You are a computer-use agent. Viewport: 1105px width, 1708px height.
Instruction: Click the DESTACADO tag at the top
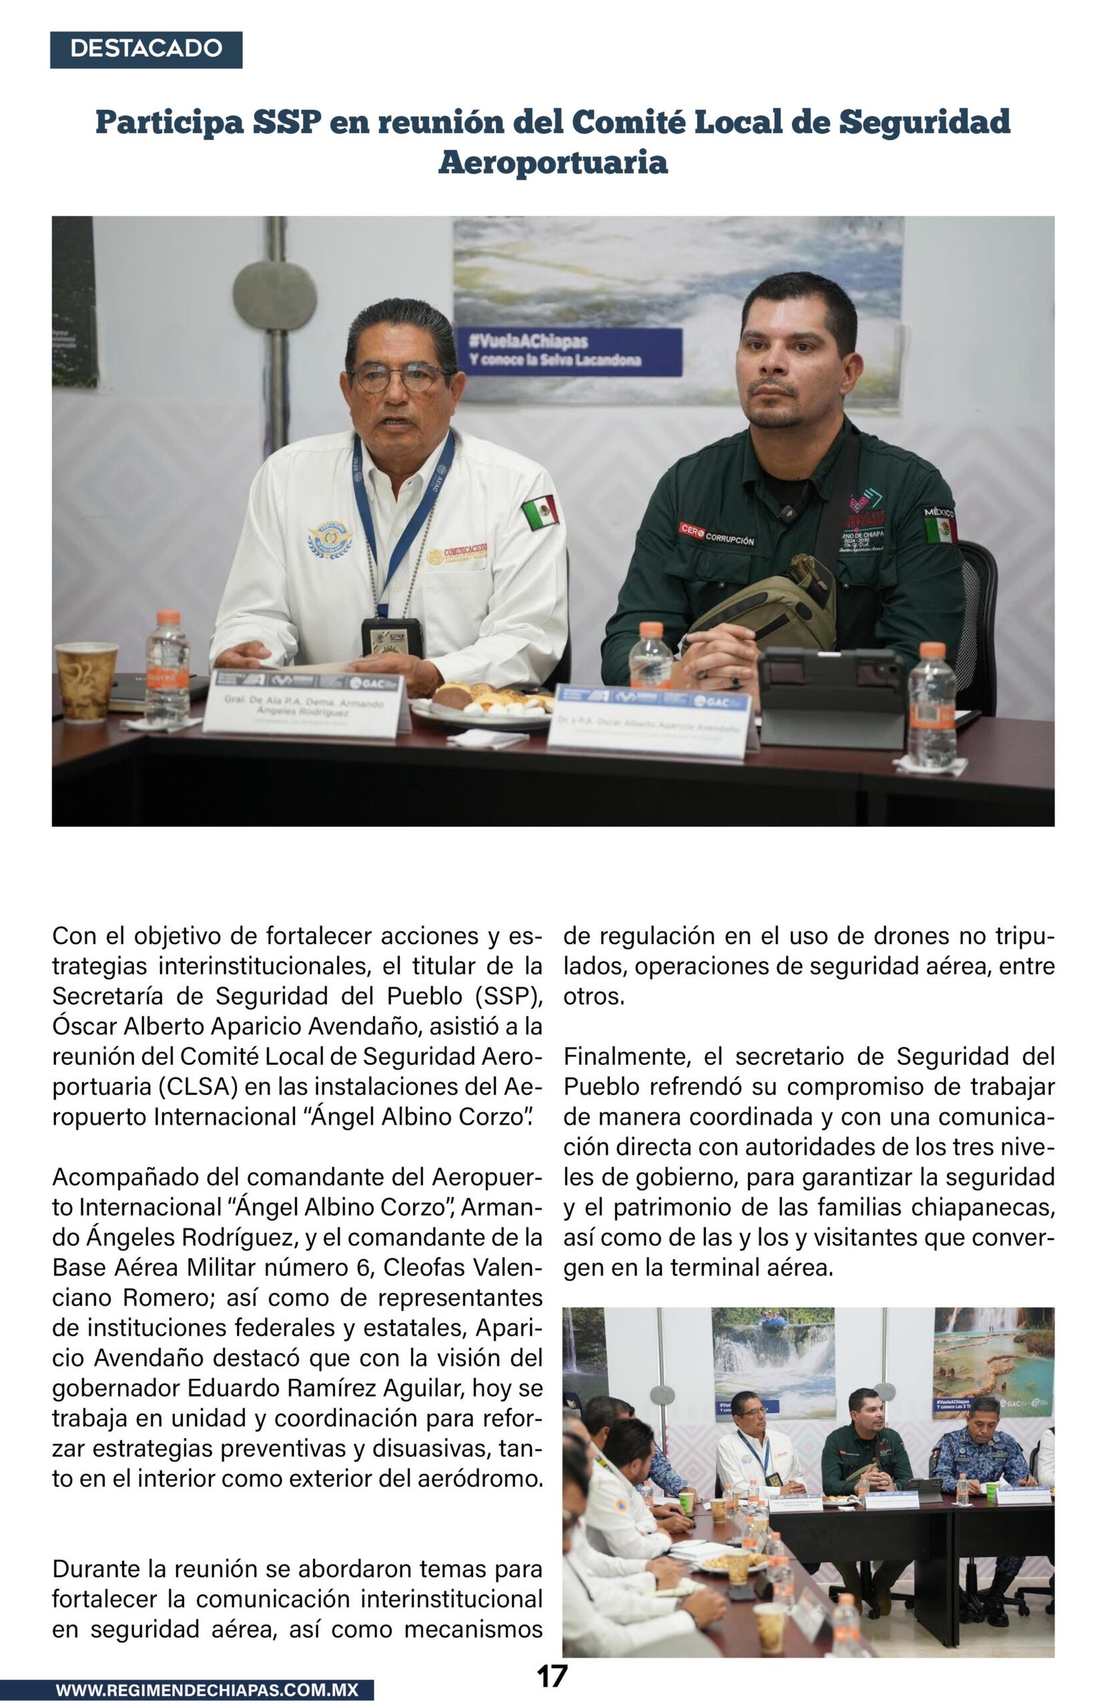(146, 49)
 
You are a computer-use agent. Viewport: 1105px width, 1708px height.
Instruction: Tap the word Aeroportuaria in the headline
(552, 162)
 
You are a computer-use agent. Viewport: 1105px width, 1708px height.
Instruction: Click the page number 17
(552, 1676)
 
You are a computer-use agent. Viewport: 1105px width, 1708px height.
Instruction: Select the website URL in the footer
(206, 1690)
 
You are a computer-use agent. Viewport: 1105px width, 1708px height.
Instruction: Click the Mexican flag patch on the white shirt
(540, 512)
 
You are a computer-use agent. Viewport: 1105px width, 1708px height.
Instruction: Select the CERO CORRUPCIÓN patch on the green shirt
(716, 535)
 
